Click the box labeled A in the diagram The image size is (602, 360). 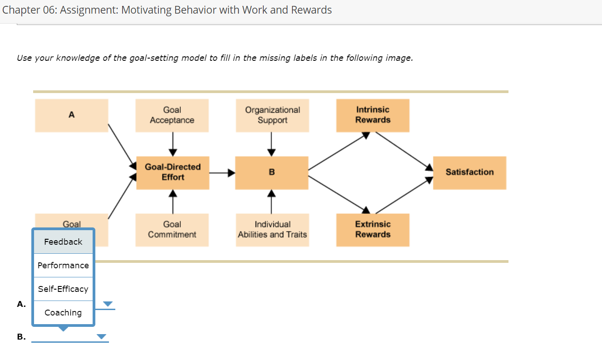[x=72, y=115]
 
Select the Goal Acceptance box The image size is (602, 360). [x=172, y=115]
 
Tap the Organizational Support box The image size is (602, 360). [x=272, y=115]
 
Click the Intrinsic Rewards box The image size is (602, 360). [x=373, y=115]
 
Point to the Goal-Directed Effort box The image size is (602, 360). [x=173, y=173]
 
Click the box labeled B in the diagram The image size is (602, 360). [x=272, y=173]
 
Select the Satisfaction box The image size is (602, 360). [x=469, y=173]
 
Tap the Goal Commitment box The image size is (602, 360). [x=172, y=230]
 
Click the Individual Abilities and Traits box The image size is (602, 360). [x=272, y=230]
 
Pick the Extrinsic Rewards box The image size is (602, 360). [x=373, y=230]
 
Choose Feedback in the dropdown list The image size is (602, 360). [x=63, y=242]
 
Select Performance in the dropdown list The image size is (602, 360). [x=63, y=266]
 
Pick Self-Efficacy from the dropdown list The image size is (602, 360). [x=63, y=289]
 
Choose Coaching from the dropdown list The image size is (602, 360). [x=63, y=313]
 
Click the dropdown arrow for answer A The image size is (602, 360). [x=108, y=304]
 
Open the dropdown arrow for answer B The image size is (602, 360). [x=101, y=337]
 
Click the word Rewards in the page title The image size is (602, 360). [x=312, y=10]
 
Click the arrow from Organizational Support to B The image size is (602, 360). [x=271, y=144]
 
